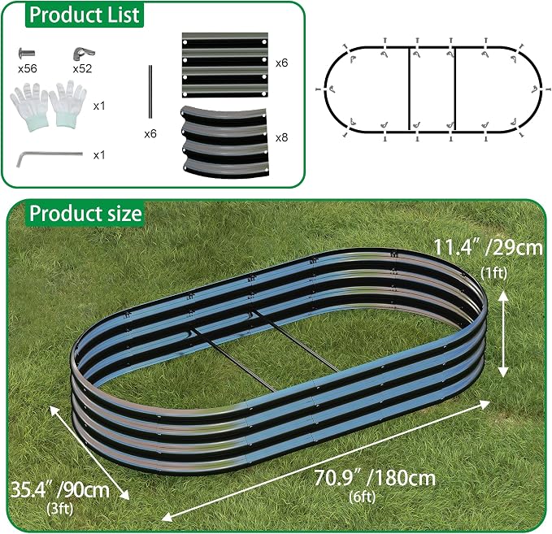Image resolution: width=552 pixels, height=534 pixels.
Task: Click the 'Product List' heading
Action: coord(85,15)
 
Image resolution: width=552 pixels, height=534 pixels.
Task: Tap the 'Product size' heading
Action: coord(85,214)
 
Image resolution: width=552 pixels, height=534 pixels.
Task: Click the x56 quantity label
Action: coord(28,68)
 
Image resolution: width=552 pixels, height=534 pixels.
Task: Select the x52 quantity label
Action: coord(82,68)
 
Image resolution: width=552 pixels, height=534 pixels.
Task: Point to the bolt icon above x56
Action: coord(27,54)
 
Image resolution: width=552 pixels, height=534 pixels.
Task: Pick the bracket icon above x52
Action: coord(84,53)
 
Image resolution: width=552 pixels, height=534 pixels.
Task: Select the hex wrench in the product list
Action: coord(50,158)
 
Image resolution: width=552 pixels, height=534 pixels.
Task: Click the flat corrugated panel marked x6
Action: coord(225,65)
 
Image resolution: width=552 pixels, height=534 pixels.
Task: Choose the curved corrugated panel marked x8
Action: coord(225,142)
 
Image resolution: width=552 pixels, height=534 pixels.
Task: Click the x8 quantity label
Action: coord(281,137)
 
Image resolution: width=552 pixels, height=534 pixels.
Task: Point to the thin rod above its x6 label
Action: coord(150,91)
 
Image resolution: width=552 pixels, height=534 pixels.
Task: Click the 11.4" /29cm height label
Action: coord(488,247)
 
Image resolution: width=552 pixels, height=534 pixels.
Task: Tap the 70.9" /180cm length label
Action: coord(375,478)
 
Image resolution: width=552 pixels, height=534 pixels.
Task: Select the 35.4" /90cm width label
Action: coord(60,489)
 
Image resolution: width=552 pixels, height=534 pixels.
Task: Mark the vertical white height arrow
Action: coord(503,335)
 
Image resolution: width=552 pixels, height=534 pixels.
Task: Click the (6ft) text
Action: coord(363,497)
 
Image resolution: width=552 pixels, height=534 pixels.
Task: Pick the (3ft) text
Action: coord(60,508)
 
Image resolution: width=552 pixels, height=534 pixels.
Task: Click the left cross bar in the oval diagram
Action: coord(409,89)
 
